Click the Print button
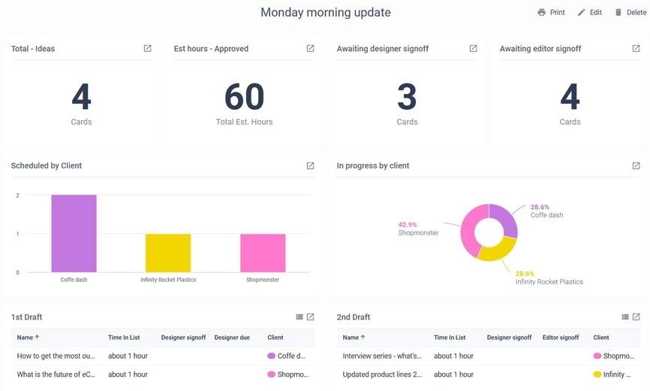click(551, 13)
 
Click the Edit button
click(589, 13)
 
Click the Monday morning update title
click(325, 13)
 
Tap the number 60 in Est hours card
click(244, 97)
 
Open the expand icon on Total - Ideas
click(147, 49)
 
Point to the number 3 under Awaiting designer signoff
click(407, 97)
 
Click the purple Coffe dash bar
click(74, 233)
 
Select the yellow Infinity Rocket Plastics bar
click(168, 253)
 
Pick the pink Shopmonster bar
click(263, 253)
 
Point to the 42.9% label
click(408, 224)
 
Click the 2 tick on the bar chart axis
click(17, 195)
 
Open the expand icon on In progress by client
click(636, 165)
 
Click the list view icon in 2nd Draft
click(625, 317)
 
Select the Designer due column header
click(231, 338)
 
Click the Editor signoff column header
click(561, 338)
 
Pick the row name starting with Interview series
click(382, 356)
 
